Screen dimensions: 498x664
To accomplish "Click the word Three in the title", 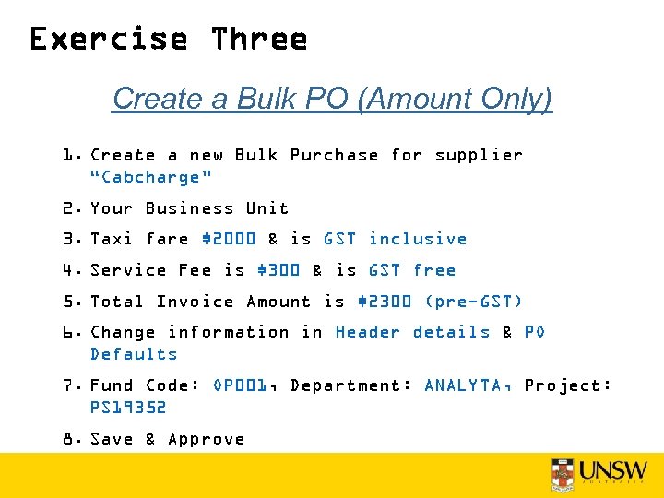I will coord(258,40).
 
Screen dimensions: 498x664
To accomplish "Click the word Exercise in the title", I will coord(109,40).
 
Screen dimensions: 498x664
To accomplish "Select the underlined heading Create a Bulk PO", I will coord(332,98).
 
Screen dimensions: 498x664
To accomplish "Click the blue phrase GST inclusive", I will coord(395,239).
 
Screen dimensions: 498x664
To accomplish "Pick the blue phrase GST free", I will coord(412,270).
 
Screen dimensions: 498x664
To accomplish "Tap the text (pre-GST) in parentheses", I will coord(474,302).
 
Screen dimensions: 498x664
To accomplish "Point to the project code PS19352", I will coord(128,408).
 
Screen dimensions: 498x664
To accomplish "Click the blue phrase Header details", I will coord(412,332).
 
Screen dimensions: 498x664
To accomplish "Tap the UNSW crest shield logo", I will coord(563,474).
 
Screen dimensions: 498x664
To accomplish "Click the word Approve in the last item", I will coord(207,439).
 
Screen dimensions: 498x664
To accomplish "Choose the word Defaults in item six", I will coord(134,354).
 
